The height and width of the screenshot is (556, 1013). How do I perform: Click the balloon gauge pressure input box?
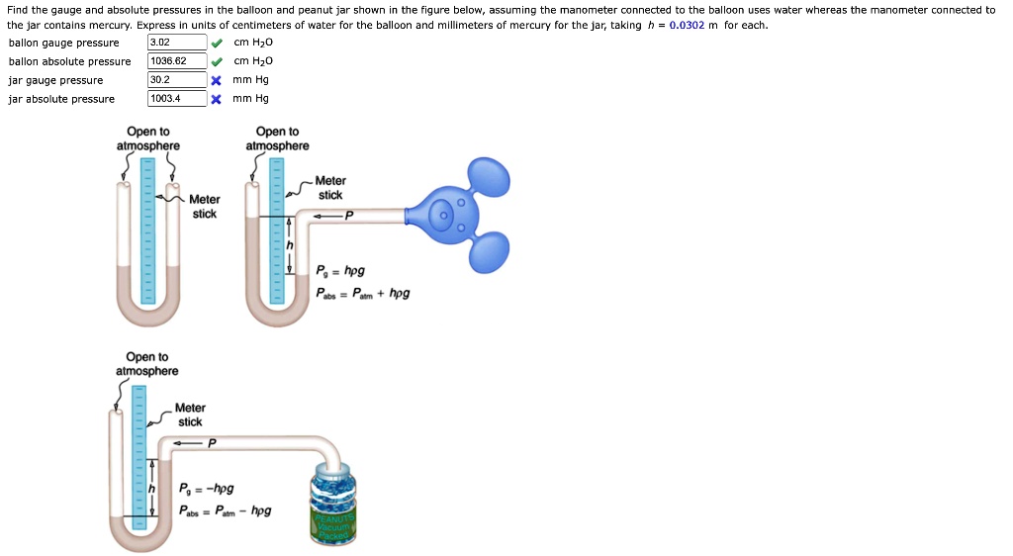coord(176,43)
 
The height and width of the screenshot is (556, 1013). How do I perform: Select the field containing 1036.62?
coord(176,61)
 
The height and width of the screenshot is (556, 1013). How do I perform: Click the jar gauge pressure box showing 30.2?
coord(176,80)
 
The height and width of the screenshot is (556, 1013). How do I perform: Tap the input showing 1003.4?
coord(176,99)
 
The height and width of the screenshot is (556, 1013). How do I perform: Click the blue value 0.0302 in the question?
coord(687,25)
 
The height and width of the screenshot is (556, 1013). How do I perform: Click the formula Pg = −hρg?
coord(207,490)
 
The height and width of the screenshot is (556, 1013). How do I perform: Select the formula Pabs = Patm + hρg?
coord(362,293)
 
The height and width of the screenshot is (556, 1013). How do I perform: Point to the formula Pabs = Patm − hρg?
coord(225,511)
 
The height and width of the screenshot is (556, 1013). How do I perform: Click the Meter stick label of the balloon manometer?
coord(330,188)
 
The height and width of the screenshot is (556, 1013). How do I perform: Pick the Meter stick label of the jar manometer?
coord(190,415)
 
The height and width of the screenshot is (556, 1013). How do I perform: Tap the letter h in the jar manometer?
coord(152,489)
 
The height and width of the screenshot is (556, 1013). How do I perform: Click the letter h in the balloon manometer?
coord(290,245)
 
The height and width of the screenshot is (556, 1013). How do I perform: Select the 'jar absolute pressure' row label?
coord(61,99)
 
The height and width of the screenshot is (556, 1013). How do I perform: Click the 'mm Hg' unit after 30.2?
coord(251,80)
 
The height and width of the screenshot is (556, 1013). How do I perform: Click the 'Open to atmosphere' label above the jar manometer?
coord(147,364)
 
